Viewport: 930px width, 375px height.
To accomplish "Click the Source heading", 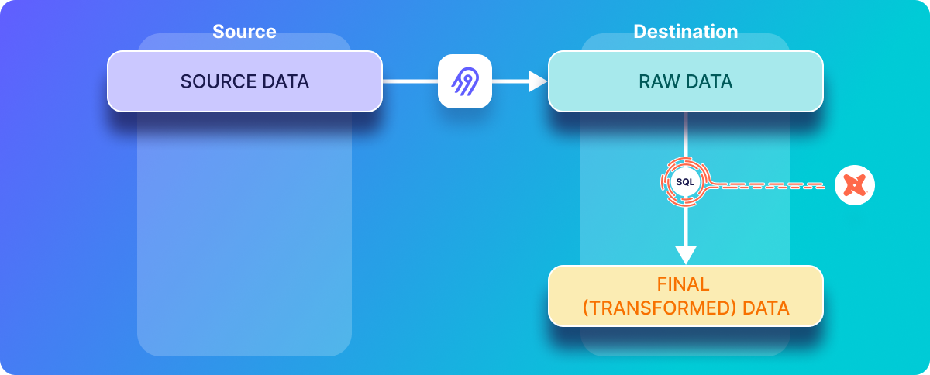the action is tap(244, 32).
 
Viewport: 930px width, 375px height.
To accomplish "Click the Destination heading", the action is tap(685, 32).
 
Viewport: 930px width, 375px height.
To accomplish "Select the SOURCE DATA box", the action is tap(245, 81).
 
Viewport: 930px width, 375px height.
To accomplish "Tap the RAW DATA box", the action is tap(685, 81).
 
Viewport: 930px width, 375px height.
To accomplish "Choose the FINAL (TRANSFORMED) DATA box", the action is tap(685, 296).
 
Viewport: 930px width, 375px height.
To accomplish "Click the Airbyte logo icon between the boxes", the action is tap(465, 81).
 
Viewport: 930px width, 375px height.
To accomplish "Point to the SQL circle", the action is tap(685, 182).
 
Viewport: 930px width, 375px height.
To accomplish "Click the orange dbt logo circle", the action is tap(854, 185).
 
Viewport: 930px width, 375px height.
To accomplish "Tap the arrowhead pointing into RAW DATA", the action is tap(538, 81).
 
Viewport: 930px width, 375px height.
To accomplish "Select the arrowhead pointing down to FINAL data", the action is tap(685, 255).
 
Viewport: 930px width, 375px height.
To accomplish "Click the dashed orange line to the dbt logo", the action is tap(767, 186).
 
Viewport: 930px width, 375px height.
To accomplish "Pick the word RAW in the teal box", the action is tap(659, 81).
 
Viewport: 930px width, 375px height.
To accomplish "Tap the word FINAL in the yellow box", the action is tap(683, 284).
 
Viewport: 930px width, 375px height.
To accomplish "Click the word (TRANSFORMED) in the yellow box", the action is tap(660, 308).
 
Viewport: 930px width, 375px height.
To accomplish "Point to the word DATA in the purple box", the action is tap(286, 81).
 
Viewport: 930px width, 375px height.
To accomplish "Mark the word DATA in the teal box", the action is tap(709, 81).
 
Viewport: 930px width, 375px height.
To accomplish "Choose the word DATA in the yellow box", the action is tap(766, 308).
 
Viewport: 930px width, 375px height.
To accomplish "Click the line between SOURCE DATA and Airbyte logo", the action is tap(410, 81).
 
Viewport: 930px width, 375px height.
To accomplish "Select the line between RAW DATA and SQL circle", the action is tap(685, 135).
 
